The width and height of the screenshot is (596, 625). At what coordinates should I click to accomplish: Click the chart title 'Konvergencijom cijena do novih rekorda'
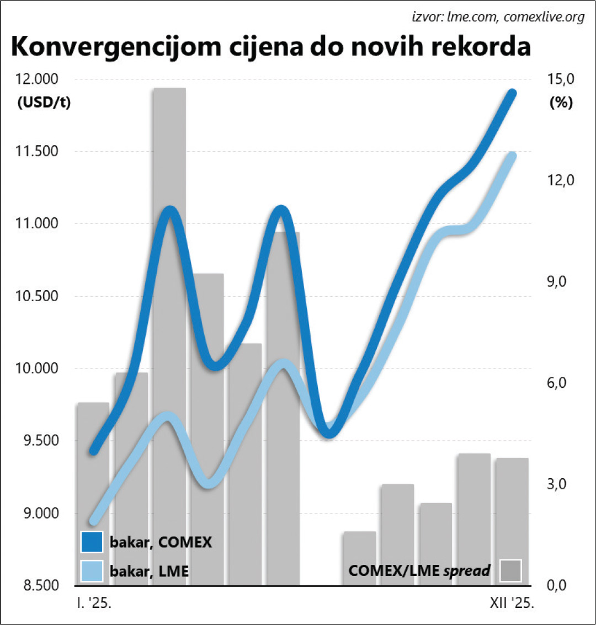[x=270, y=47]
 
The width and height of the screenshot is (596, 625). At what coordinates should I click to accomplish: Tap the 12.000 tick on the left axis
[x=38, y=79]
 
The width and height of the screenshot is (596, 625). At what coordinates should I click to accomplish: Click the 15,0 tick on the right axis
[x=561, y=79]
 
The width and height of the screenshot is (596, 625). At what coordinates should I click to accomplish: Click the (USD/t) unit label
[x=44, y=103]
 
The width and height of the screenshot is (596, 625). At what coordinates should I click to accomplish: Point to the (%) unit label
[x=561, y=103]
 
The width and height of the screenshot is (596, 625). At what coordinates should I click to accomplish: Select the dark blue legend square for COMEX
[x=92, y=542]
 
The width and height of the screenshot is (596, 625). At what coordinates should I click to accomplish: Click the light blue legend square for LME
[x=92, y=571]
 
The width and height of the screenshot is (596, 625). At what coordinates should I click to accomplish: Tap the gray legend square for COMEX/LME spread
[x=510, y=571]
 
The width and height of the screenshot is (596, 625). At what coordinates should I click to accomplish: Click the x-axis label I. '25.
[x=94, y=603]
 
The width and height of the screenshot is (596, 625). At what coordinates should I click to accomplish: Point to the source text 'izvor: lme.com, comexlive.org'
[x=498, y=17]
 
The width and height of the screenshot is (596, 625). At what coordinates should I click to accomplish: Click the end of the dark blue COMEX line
[x=513, y=93]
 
